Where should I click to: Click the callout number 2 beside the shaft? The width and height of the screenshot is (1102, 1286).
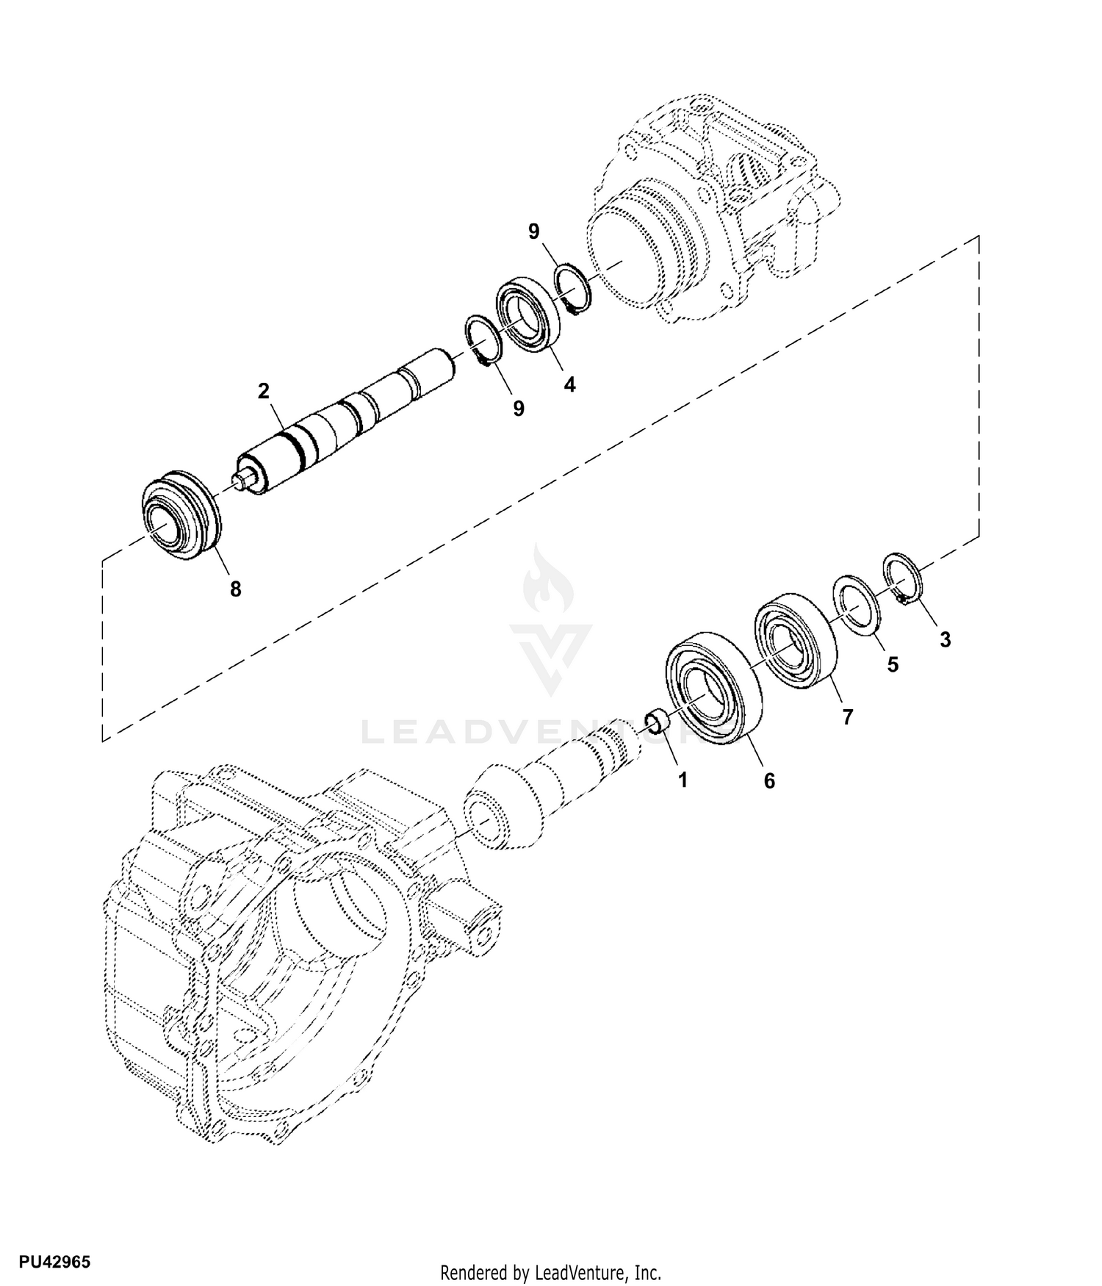263,391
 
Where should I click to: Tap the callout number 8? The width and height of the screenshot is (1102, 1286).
235,589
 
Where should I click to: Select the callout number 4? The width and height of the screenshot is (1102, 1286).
569,384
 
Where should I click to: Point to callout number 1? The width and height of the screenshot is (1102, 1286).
683,780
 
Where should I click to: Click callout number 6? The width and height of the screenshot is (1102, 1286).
769,780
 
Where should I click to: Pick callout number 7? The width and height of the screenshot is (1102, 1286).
848,716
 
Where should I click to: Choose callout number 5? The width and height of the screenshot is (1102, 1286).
893,664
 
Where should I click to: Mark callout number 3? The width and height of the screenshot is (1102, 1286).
946,639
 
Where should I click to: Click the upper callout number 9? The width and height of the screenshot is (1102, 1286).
534,231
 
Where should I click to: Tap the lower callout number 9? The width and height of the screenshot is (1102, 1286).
519,409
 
